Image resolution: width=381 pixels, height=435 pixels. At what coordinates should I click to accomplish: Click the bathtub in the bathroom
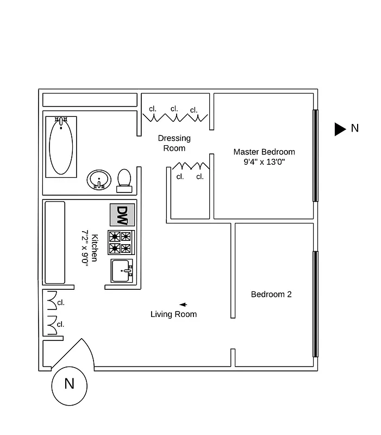pyautogui.click(x=61, y=145)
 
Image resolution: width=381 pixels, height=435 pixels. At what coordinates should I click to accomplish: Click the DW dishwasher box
pyautogui.click(x=122, y=215)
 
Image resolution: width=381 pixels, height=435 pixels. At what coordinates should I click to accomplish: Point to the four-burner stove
pyautogui.click(x=121, y=243)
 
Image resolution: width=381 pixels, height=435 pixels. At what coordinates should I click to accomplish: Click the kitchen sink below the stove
pyautogui.click(x=122, y=270)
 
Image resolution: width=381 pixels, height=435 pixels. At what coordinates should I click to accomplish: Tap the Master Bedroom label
pyautogui.click(x=264, y=152)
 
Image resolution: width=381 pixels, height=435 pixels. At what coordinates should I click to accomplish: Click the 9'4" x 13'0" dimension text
pyautogui.click(x=264, y=161)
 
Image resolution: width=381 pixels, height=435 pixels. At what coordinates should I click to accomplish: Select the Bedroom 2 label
pyautogui.click(x=271, y=294)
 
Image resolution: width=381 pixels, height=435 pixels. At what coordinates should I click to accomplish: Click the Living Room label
pyautogui.click(x=173, y=314)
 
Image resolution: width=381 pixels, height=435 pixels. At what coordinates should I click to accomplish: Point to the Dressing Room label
pyautogui.click(x=174, y=143)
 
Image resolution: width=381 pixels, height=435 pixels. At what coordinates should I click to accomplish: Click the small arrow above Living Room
pyautogui.click(x=183, y=304)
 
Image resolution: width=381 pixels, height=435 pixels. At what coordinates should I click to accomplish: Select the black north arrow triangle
pyautogui.click(x=340, y=129)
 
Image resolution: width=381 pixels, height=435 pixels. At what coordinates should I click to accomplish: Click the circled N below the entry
pyautogui.click(x=69, y=384)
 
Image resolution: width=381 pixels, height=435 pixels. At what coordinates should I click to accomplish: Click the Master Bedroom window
pyautogui.click(x=315, y=156)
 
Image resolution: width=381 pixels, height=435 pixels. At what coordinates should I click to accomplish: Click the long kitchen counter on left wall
pyautogui.click(x=54, y=242)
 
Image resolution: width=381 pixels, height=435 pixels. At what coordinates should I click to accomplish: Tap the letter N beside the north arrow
pyautogui.click(x=355, y=128)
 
